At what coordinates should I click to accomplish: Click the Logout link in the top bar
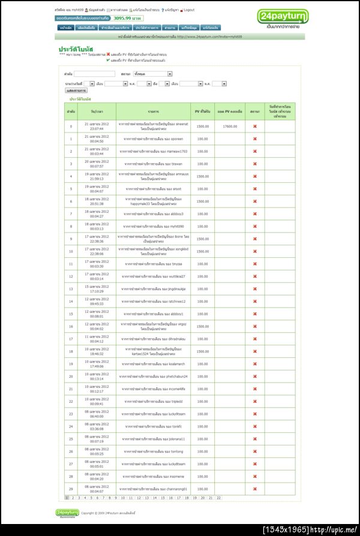click(x=189, y=10)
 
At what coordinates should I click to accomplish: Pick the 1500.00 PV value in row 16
click(x=203, y=327)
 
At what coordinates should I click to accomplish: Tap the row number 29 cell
click(x=71, y=489)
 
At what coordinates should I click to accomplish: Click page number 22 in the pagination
click(x=218, y=498)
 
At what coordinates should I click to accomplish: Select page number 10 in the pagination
click(x=122, y=498)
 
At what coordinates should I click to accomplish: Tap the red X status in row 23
click(x=255, y=414)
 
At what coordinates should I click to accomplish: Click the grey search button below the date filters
click(x=76, y=91)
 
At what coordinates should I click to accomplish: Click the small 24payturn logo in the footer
click(x=67, y=513)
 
